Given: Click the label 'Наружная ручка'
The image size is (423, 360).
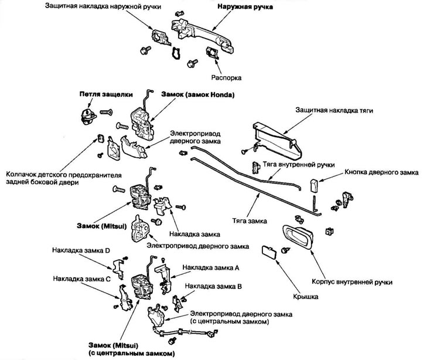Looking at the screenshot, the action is tap(245, 7).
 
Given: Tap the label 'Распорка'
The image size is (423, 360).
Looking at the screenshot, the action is tap(226, 78).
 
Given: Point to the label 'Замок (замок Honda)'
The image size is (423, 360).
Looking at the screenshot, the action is tap(198, 95).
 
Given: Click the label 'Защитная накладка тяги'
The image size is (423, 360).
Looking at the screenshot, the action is tap(335, 110).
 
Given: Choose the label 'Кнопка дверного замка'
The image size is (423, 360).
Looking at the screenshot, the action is tap(381, 172).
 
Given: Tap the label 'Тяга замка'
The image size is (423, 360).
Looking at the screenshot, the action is tap(250, 221).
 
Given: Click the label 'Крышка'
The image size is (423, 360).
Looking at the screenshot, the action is tap(305, 297).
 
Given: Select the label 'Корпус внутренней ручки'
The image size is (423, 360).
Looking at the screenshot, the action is tap(352, 282).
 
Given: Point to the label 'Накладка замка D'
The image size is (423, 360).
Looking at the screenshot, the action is tap(81, 250).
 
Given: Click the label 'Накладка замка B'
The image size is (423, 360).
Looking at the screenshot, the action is tap(213, 286).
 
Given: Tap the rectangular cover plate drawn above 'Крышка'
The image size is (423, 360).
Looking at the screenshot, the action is tap(269, 252).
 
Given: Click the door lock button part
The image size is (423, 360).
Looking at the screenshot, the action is tap(314, 185).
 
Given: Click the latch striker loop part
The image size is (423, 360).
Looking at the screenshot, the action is tap(88, 117).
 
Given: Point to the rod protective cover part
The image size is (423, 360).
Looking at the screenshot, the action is tap(278, 141).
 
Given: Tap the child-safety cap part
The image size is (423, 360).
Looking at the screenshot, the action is tap(101, 138).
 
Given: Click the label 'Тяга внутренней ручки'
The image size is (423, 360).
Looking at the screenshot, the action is tap(299, 165).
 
